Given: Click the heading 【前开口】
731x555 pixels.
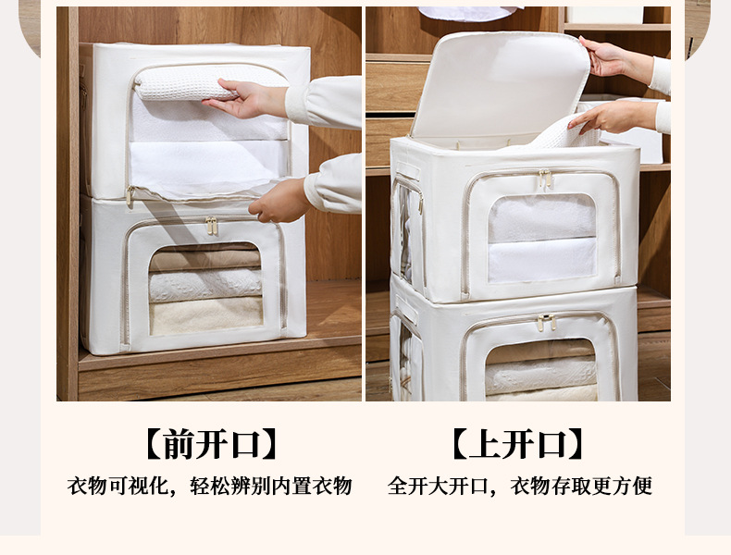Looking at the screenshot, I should point(210,445).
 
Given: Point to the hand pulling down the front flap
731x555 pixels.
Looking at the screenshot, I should point(279,203).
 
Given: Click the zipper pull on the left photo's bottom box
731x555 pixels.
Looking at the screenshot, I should point(212,226).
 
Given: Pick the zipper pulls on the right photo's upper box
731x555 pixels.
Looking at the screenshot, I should point(546,179).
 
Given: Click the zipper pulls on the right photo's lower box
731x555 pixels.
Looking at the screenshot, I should point(546,322).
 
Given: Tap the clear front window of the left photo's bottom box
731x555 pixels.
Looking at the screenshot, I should point(205,290).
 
